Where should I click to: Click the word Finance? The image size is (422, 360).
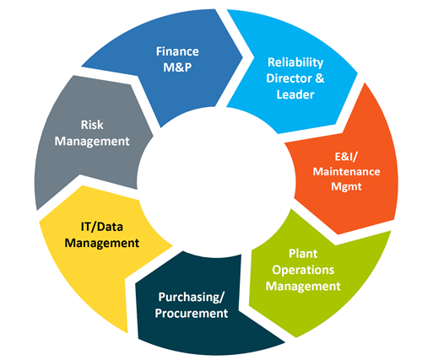tap(177, 51)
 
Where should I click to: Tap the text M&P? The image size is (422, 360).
tap(177, 67)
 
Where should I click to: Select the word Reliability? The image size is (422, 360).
tap(295, 62)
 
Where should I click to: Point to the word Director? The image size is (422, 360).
tap(289, 78)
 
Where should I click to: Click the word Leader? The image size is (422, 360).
tap(295, 94)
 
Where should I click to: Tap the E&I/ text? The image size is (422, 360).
tap(346, 157)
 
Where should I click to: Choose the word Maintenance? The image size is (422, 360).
tap(346, 171)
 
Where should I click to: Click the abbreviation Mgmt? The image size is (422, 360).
tap(346, 186)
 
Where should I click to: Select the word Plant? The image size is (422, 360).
tap(303, 254)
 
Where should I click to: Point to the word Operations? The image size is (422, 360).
tap(303, 270)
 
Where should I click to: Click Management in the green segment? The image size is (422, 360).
tap(303, 287)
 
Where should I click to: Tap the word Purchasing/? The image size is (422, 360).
tap(192, 298)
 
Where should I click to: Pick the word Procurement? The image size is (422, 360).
tap(192, 314)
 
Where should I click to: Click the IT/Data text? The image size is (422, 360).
tap(102, 227)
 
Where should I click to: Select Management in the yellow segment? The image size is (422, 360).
tap(102, 244)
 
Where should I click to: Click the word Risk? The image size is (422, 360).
tap(92, 125)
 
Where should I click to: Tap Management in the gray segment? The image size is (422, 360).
tap(92, 142)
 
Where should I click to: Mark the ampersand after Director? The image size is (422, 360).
tap(320, 78)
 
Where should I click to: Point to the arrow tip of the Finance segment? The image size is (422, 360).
tap(242, 57)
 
